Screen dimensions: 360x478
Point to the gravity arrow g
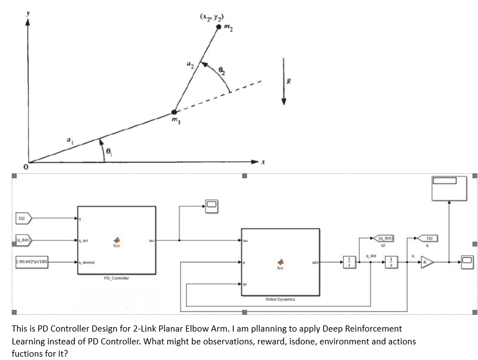(x=284, y=81)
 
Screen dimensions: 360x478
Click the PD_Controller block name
(x=115, y=278)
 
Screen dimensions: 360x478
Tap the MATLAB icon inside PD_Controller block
(x=117, y=238)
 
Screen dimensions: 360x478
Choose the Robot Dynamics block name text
(x=281, y=299)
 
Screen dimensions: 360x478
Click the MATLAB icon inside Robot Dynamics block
(x=281, y=261)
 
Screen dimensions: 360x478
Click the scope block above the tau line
(x=212, y=206)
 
